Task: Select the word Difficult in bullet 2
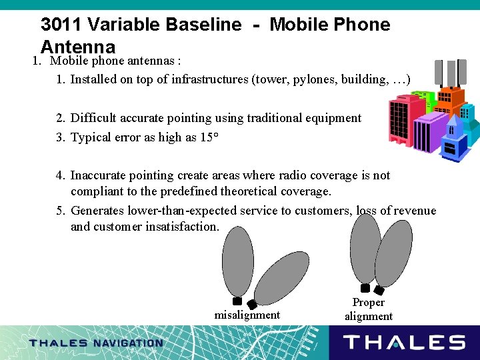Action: pyautogui.click(x=95, y=119)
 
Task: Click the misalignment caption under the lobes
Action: pyautogui.click(x=247, y=315)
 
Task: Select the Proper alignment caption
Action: pyautogui.click(x=368, y=309)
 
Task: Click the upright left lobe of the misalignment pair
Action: pyautogui.click(x=238, y=260)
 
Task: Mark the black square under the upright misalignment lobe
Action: pyautogui.click(x=237, y=301)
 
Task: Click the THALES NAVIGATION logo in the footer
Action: pyautogui.click(x=96, y=343)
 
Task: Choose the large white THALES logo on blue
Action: pyautogui.click(x=404, y=343)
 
